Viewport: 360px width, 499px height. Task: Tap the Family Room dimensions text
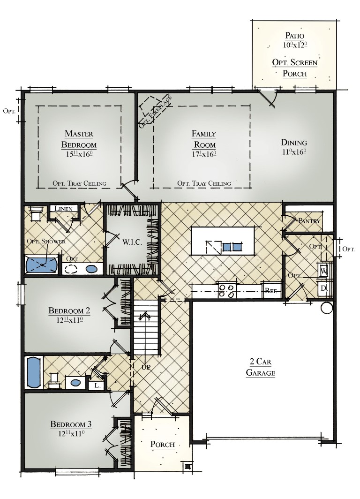point(203,153)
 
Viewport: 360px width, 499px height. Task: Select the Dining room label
point(293,143)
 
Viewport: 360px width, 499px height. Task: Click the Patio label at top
point(294,36)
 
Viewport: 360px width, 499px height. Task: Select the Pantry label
point(309,221)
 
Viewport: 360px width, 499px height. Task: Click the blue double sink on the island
point(232,247)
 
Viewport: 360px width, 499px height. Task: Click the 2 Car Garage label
point(260,367)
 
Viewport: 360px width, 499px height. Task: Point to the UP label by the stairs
point(146,367)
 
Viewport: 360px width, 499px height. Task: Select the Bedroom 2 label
point(69,310)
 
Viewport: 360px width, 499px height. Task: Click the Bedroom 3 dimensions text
point(71,434)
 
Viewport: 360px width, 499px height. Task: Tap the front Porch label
point(162,445)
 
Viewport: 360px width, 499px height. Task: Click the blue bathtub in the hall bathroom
point(33,372)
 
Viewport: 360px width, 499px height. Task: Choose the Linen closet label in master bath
point(63,209)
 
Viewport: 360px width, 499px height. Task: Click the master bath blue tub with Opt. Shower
point(42,265)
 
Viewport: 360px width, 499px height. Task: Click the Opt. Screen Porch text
point(295,68)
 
